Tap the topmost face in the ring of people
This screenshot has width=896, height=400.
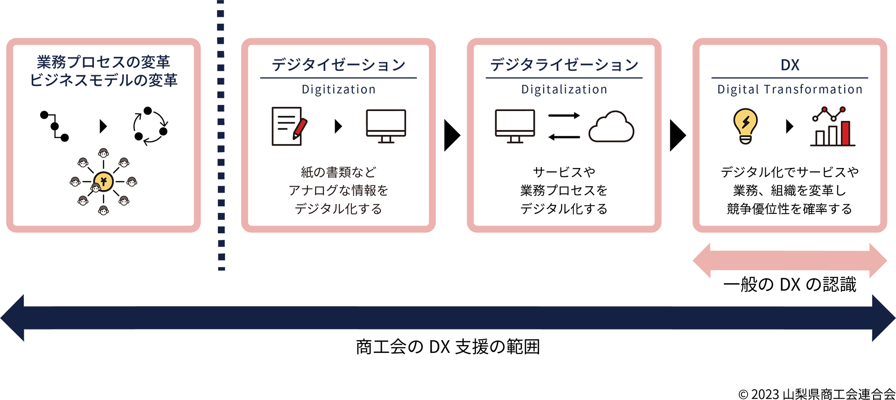click(x=104, y=153)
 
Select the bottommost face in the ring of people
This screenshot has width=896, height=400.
click(x=104, y=211)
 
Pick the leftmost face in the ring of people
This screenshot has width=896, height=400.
click(x=75, y=182)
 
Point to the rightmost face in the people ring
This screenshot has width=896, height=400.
click(x=132, y=182)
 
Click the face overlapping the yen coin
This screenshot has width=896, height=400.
click(x=96, y=188)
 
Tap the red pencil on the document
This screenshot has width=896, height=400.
click(x=299, y=129)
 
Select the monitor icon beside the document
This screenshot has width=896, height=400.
click(x=386, y=125)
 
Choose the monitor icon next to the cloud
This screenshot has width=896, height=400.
click(x=515, y=125)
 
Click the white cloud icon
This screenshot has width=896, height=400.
click(x=611, y=127)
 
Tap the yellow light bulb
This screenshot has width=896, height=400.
click(x=745, y=122)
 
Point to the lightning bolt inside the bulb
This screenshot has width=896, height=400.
click(x=746, y=123)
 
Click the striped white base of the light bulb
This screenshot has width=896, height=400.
click(x=745, y=139)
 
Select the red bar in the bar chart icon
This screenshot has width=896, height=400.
click(x=845, y=133)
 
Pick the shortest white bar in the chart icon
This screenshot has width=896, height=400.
click(x=820, y=139)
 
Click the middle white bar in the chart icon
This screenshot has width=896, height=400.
click(x=833, y=136)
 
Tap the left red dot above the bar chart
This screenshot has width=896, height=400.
click(x=825, y=109)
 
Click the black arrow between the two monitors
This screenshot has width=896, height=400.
click(x=451, y=135)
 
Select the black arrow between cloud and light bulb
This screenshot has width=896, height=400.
click(x=676, y=135)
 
